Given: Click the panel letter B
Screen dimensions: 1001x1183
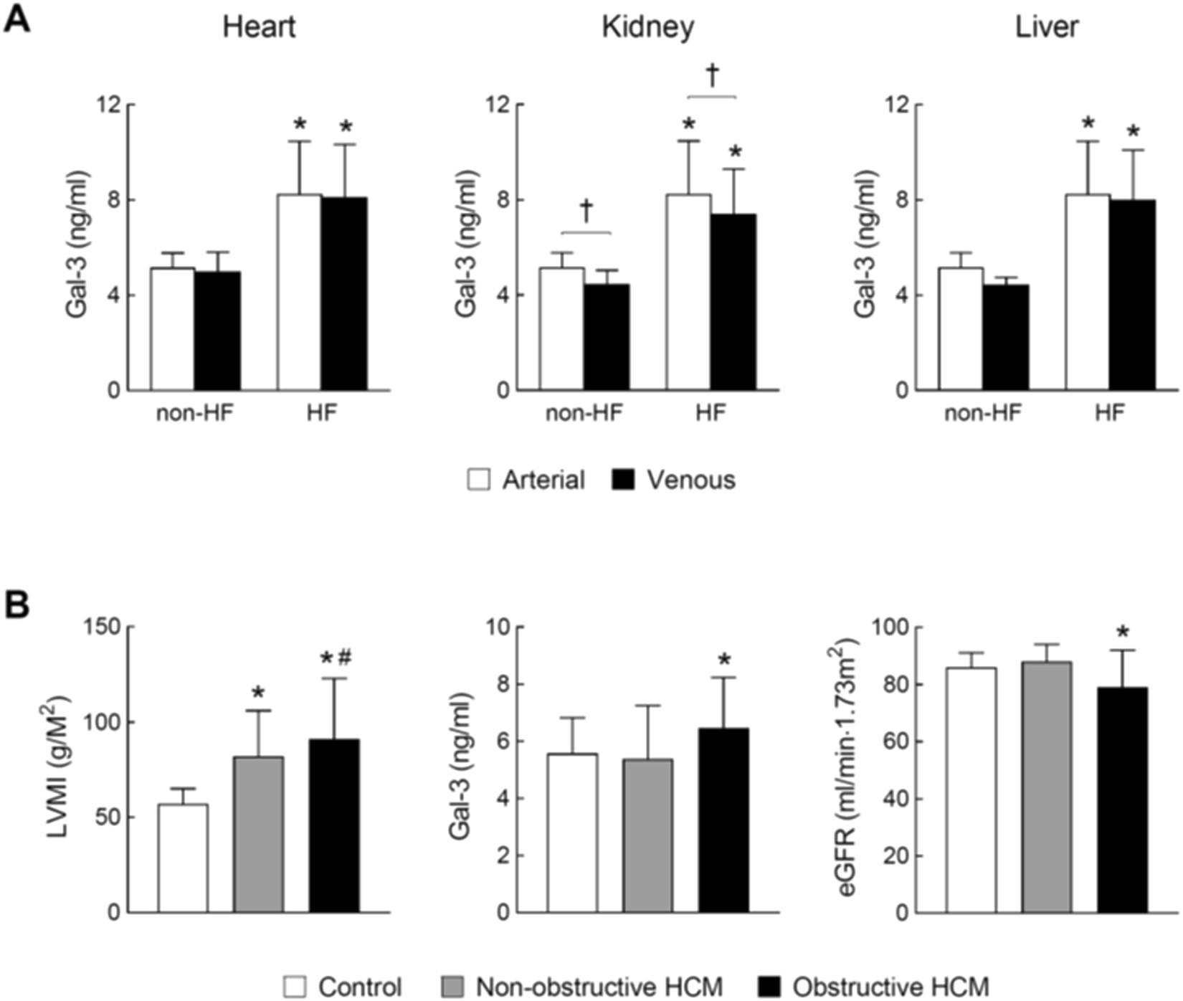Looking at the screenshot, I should click(17, 604).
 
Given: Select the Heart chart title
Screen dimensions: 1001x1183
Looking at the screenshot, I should click(259, 27).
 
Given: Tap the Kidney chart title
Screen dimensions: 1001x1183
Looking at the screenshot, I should click(647, 27).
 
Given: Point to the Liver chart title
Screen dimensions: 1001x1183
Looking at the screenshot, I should click(1047, 27).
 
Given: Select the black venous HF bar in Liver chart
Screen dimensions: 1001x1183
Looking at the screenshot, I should click(1133, 295).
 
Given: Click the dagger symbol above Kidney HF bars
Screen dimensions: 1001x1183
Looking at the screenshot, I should click(712, 74).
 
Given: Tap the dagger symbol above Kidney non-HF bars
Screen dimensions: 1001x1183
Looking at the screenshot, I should click(586, 210).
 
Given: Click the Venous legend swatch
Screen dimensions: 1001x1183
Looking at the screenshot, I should click(624, 480).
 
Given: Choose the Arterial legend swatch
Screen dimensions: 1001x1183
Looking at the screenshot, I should click(478, 480).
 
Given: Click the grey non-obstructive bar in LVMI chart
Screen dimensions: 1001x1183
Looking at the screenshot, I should click(259, 835).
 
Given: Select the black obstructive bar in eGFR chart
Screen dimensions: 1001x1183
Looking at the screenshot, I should click(1123, 800).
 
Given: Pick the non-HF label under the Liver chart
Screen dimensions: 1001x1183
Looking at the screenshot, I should click(982, 414).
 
